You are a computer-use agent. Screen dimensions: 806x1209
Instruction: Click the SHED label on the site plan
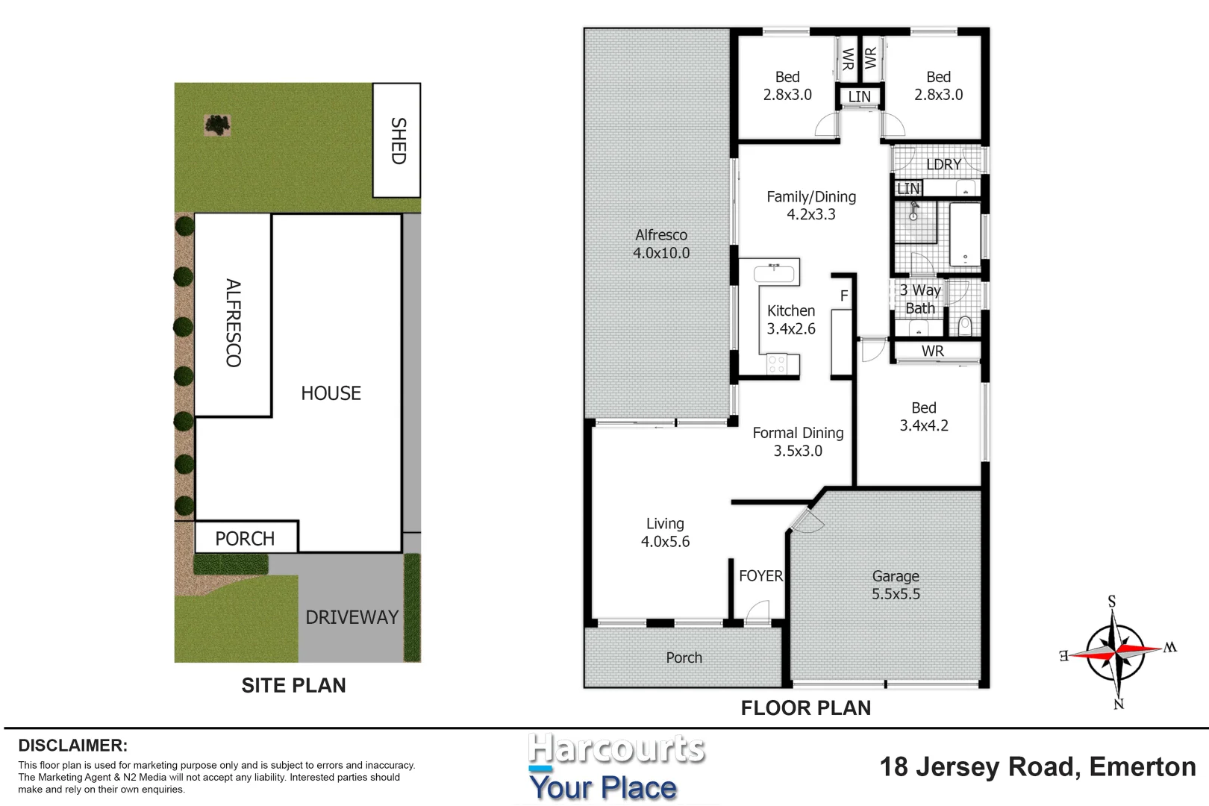(x=398, y=140)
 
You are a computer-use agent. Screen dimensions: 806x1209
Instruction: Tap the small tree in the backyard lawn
(x=217, y=125)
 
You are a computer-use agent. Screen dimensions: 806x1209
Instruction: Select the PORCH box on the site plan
(x=246, y=538)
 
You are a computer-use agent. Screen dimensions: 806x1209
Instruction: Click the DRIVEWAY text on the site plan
(x=352, y=617)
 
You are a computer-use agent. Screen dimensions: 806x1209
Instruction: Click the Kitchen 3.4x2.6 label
(x=791, y=319)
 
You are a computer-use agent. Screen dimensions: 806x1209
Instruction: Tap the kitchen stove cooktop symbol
(x=777, y=364)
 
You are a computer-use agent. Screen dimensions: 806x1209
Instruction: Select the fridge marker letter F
(x=844, y=296)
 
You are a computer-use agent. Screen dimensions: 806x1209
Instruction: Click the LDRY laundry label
(x=943, y=164)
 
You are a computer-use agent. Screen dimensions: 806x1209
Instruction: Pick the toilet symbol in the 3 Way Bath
(x=964, y=325)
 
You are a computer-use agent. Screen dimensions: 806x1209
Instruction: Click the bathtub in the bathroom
(x=965, y=234)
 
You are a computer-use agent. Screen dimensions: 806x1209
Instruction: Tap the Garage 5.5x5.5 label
(x=896, y=585)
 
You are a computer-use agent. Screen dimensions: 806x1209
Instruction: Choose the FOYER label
(x=760, y=576)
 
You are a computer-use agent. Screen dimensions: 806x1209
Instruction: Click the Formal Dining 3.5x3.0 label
(x=798, y=442)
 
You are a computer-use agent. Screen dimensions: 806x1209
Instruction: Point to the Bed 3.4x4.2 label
(x=923, y=416)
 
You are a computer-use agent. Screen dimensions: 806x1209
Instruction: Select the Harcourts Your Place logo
(x=606, y=767)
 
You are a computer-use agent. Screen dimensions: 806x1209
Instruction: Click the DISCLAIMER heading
(x=73, y=746)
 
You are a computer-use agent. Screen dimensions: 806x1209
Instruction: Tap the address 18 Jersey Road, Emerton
(x=1037, y=766)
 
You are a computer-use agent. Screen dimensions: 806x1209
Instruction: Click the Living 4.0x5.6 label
(x=665, y=533)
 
